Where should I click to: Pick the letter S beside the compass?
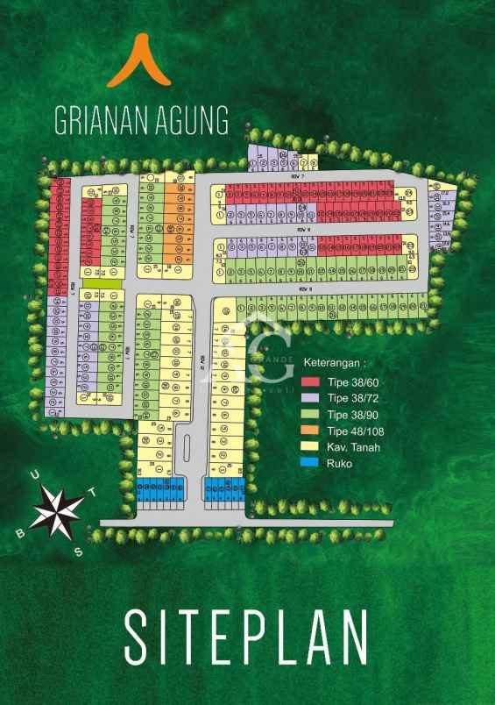77,551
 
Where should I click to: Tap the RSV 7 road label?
295,176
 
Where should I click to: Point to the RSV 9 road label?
305,288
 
